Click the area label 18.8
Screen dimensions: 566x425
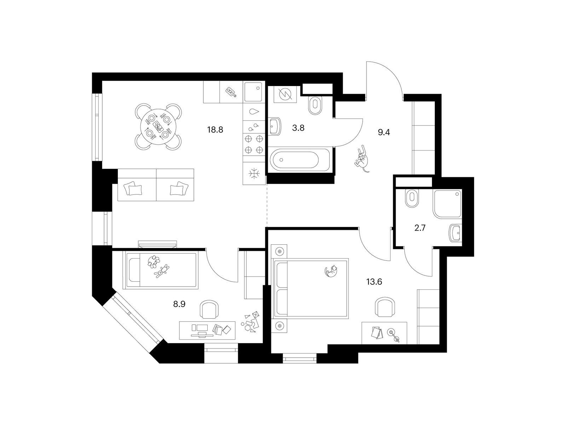[x=215, y=129]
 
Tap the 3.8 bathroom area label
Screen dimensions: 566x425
[x=298, y=128]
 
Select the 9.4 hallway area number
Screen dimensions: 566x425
[x=384, y=132]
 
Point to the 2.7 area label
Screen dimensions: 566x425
[x=420, y=228]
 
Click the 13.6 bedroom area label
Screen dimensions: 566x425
[x=374, y=282]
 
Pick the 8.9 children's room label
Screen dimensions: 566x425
[x=179, y=304]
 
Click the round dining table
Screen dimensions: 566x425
[x=158, y=126]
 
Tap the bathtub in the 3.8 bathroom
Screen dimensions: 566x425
[x=300, y=160]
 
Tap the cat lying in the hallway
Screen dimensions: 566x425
[x=362, y=159]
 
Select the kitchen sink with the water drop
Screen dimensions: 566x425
[x=254, y=112]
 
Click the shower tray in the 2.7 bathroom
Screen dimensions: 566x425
[x=447, y=204]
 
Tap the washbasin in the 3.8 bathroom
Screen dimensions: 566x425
[x=275, y=126]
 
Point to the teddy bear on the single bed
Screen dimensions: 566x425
[x=154, y=262]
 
